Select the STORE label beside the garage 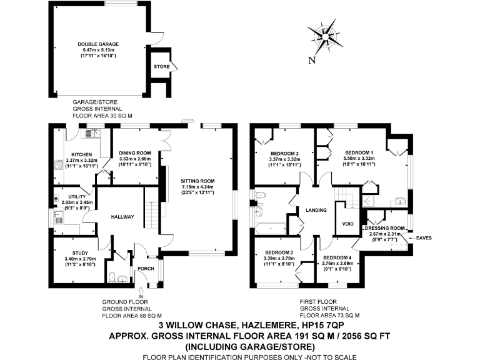point(161,65)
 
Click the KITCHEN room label point(82,154)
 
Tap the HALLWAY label point(123,217)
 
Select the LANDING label point(317,211)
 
